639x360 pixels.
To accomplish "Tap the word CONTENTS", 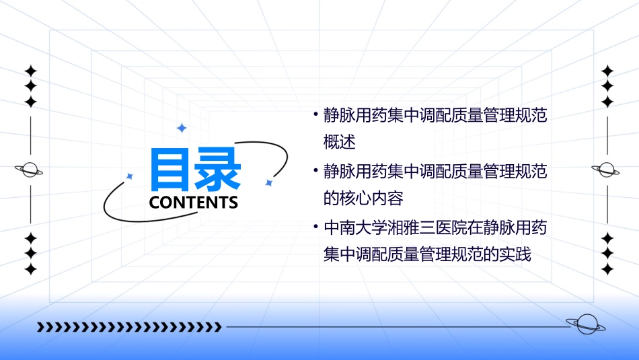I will pos(194,202).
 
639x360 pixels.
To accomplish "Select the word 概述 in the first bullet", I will pos(339,143).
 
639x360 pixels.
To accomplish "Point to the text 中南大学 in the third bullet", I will pos(352,227).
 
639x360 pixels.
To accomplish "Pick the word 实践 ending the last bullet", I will pos(516,256).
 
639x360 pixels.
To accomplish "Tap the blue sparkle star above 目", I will pos(181,128).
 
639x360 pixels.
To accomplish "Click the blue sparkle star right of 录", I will pos(268,182).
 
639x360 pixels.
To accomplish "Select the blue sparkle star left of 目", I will pos(130,176).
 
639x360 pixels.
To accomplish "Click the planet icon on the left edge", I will pos(30,170).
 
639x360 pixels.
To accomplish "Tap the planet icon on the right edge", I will pos(607,170).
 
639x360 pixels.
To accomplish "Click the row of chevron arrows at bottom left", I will pos(129,327).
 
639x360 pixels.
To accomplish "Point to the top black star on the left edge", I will pos(30,70).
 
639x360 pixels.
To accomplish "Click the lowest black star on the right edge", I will pos(607,269).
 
